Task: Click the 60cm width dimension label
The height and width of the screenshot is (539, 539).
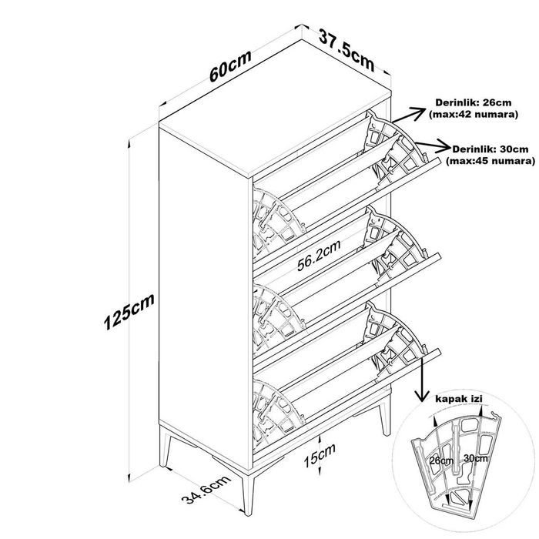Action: (x=230, y=66)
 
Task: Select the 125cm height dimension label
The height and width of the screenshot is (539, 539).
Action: (x=129, y=311)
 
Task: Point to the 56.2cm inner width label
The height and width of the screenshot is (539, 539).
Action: (x=319, y=256)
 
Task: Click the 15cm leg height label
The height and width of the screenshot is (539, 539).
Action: (x=320, y=456)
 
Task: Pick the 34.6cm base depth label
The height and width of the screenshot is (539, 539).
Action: (x=206, y=490)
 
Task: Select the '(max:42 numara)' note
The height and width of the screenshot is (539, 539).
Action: (x=474, y=115)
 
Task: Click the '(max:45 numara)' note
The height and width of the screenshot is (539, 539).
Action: (x=490, y=161)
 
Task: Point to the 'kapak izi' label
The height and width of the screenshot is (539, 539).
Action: (x=459, y=399)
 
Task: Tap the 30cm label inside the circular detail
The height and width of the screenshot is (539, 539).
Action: (x=475, y=458)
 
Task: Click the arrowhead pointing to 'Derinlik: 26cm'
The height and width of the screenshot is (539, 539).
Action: (x=417, y=112)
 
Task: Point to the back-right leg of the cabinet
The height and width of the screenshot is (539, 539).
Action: (x=385, y=417)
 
